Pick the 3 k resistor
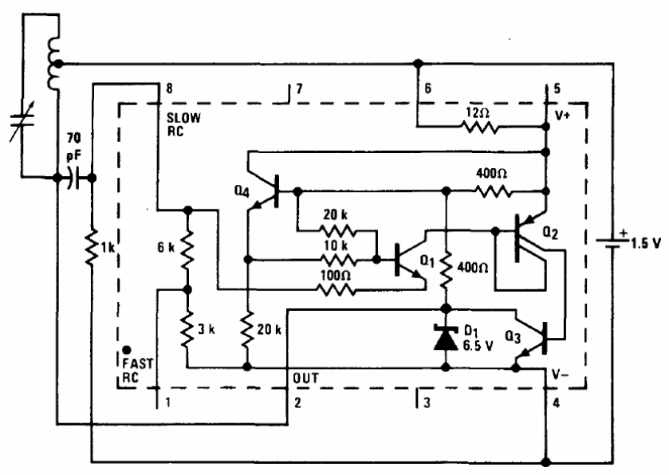point(187,328)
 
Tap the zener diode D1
point(445,336)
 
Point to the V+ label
point(565,115)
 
